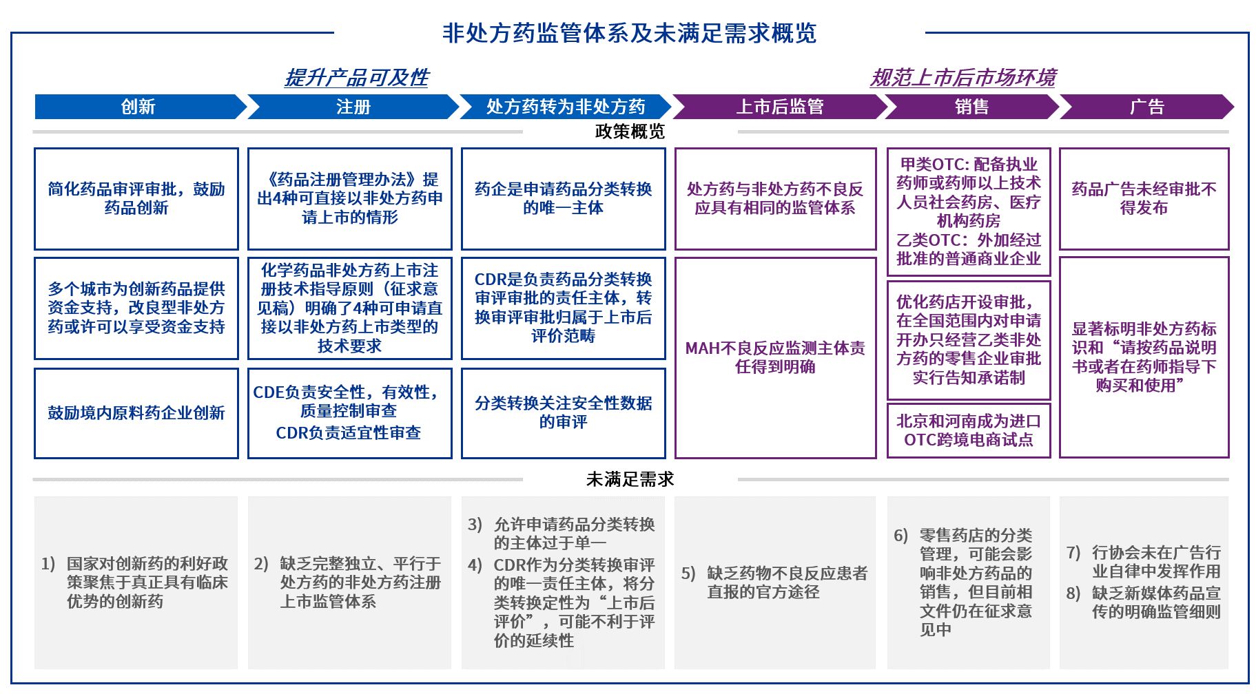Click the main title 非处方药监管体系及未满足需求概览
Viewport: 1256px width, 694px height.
coord(629,33)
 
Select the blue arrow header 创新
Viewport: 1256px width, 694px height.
coord(138,107)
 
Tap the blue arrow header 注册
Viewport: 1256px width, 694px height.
coord(353,107)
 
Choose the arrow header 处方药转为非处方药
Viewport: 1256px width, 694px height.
coord(565,107)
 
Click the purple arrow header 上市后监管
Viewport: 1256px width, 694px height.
coord(779,107)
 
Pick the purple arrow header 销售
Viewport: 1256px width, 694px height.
coord(971,107)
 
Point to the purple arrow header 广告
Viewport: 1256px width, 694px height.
coord(1146,107)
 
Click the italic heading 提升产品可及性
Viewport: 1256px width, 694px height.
coord(356,78)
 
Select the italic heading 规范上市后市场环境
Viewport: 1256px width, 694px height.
coord(962,78)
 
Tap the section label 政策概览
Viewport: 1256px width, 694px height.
coord(630,132)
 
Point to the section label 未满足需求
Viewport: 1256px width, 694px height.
coord(630,479)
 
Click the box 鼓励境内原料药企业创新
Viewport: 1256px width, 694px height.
coord(136,413)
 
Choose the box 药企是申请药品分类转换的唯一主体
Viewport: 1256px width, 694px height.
coord(564,198)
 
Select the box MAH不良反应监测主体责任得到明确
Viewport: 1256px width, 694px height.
coord(775,357)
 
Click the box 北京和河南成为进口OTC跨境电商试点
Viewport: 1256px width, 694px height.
coord(968,430)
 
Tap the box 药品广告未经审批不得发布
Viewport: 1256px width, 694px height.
coord(1144,198)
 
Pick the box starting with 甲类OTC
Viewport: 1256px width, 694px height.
coord(968,211)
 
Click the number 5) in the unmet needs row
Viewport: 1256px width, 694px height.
coord(688,574)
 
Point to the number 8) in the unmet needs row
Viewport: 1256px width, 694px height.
coord(1073,593)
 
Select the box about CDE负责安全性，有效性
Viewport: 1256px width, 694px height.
coord(349,412)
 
